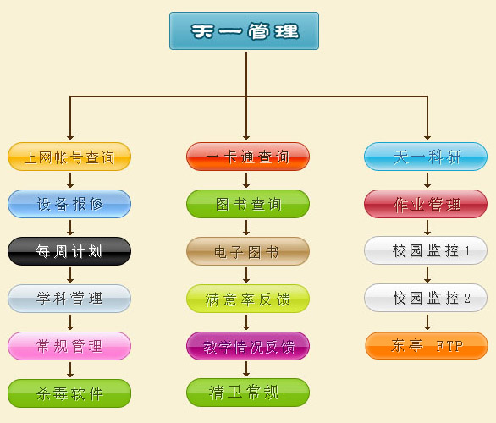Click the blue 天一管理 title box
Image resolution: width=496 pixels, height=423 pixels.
pos(244,30)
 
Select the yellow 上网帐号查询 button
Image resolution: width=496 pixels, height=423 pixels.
pos(69,157)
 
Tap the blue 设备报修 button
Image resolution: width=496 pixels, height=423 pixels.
pos(69,204)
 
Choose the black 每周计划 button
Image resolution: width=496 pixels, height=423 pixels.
pos(69,251)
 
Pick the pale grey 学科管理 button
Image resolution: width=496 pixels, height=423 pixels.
pos(69,299)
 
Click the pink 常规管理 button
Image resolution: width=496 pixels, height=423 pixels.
pos(69,346)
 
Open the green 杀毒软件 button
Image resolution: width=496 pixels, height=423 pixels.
pos(69,393)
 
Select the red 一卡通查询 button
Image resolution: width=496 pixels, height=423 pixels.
pos(248,157)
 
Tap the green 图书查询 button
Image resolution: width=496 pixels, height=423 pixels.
pos(248,204)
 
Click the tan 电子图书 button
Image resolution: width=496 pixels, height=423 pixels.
pos(248,251)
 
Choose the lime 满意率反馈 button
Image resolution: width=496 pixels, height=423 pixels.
pos(248,299)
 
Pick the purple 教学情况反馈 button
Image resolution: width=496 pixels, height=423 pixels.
pos(248,345)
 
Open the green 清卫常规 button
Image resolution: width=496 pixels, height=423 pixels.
pos(248,393)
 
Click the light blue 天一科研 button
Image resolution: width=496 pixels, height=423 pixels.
pos(426,157)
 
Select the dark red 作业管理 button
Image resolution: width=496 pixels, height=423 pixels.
pos(426,204)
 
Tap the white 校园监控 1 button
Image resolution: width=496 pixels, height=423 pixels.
pos(426,250)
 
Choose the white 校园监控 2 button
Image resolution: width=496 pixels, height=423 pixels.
pos(426,298)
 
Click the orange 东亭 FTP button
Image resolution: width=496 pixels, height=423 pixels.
pos(427,345)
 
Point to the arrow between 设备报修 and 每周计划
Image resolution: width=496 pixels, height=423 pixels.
pos(70,228)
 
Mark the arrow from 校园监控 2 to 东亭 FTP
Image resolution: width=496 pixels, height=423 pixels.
pos(427,322)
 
